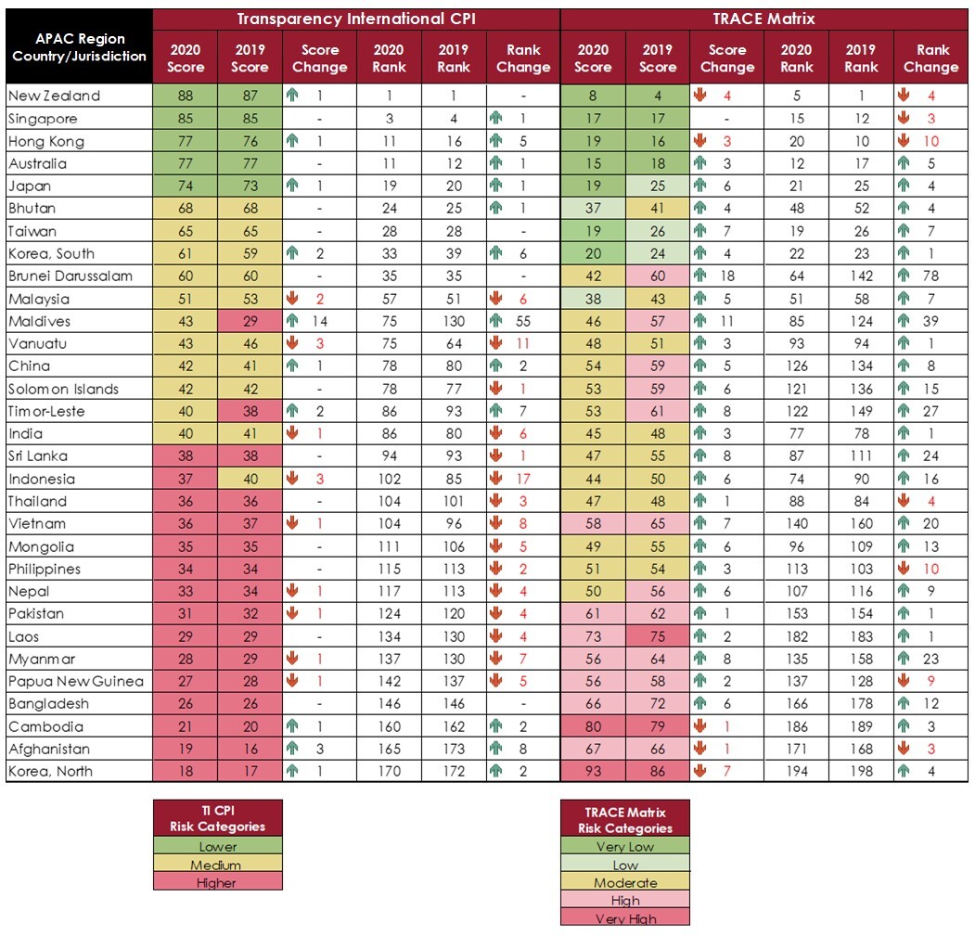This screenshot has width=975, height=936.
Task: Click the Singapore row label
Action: coord(43,119)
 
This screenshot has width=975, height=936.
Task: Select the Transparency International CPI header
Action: coord(356,19)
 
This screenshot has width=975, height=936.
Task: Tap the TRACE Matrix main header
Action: coord(763,19)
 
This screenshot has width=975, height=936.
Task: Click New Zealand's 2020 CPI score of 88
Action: coord(186,96)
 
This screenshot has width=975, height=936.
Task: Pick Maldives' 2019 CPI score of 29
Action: coord(250,322)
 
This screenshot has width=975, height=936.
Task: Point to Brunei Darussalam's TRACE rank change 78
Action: coord(930,276)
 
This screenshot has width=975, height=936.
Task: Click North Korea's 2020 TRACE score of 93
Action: coord(593,772)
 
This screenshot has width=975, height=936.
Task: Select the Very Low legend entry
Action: coord(625,846)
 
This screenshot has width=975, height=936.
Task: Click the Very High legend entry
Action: coord(625,918)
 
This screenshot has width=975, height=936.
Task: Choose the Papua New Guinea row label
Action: coord(76,682)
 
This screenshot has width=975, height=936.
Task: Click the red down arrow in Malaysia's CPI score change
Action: coord(292,299)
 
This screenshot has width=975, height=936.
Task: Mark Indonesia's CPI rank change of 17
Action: coord(523,479)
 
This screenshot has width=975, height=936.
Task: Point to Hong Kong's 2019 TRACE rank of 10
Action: coord(861,141)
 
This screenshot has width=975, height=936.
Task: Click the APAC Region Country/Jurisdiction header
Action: coord(79,47)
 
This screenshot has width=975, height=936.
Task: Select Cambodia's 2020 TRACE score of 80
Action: coord(593,726)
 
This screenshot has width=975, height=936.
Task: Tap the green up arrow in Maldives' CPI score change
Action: coord(292,321)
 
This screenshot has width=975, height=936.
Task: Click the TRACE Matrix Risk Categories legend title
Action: coord(625,820)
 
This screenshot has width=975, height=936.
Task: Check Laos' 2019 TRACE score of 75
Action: coord(658,637)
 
